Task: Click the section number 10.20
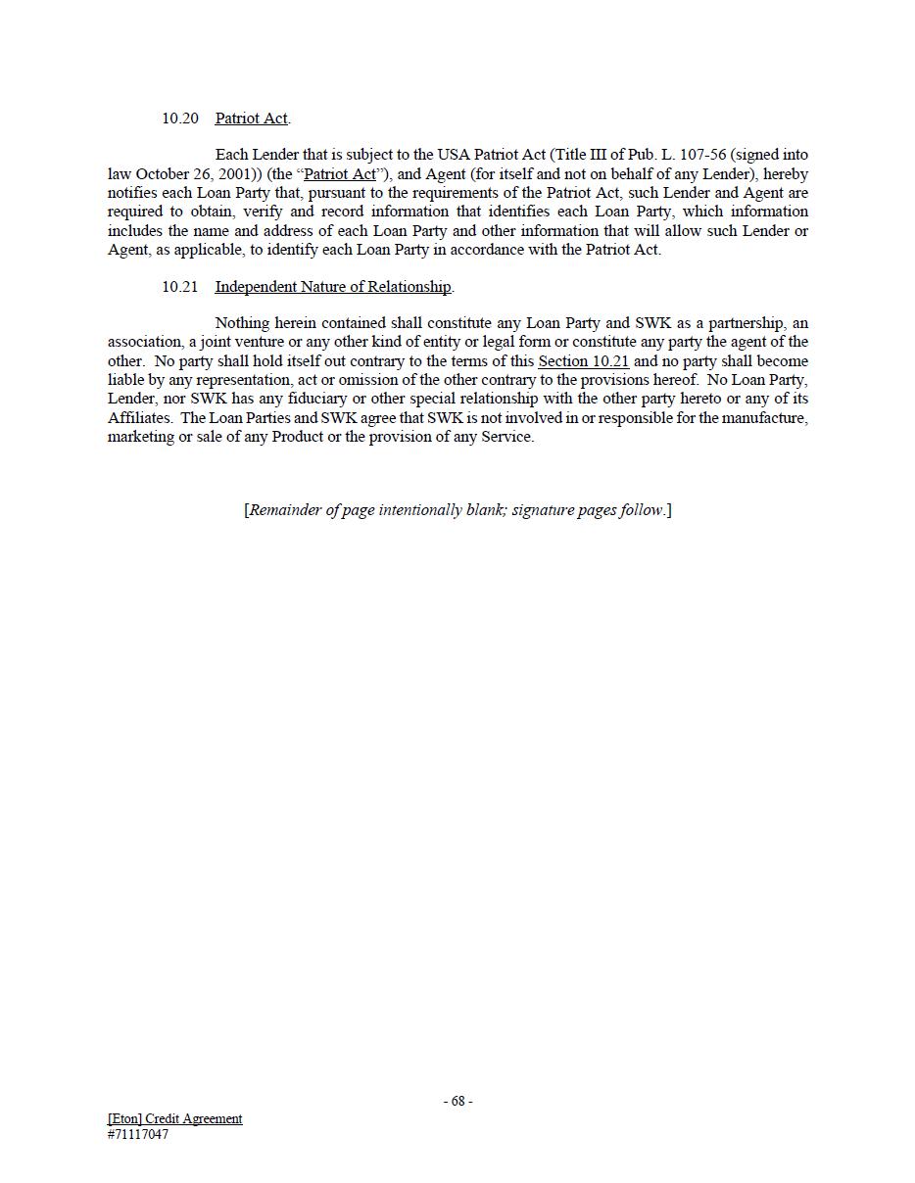180,118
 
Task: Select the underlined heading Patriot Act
251,118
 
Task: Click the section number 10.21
180,287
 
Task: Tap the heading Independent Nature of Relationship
333,287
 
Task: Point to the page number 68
457,1101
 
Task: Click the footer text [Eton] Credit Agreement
175,1118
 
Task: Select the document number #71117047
138,1134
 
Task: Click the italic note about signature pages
457,510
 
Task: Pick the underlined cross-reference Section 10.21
583,361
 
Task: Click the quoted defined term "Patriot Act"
340,174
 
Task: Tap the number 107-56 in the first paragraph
703,155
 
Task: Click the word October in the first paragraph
162,174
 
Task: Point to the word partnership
746,323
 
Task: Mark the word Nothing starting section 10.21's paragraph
245,323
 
